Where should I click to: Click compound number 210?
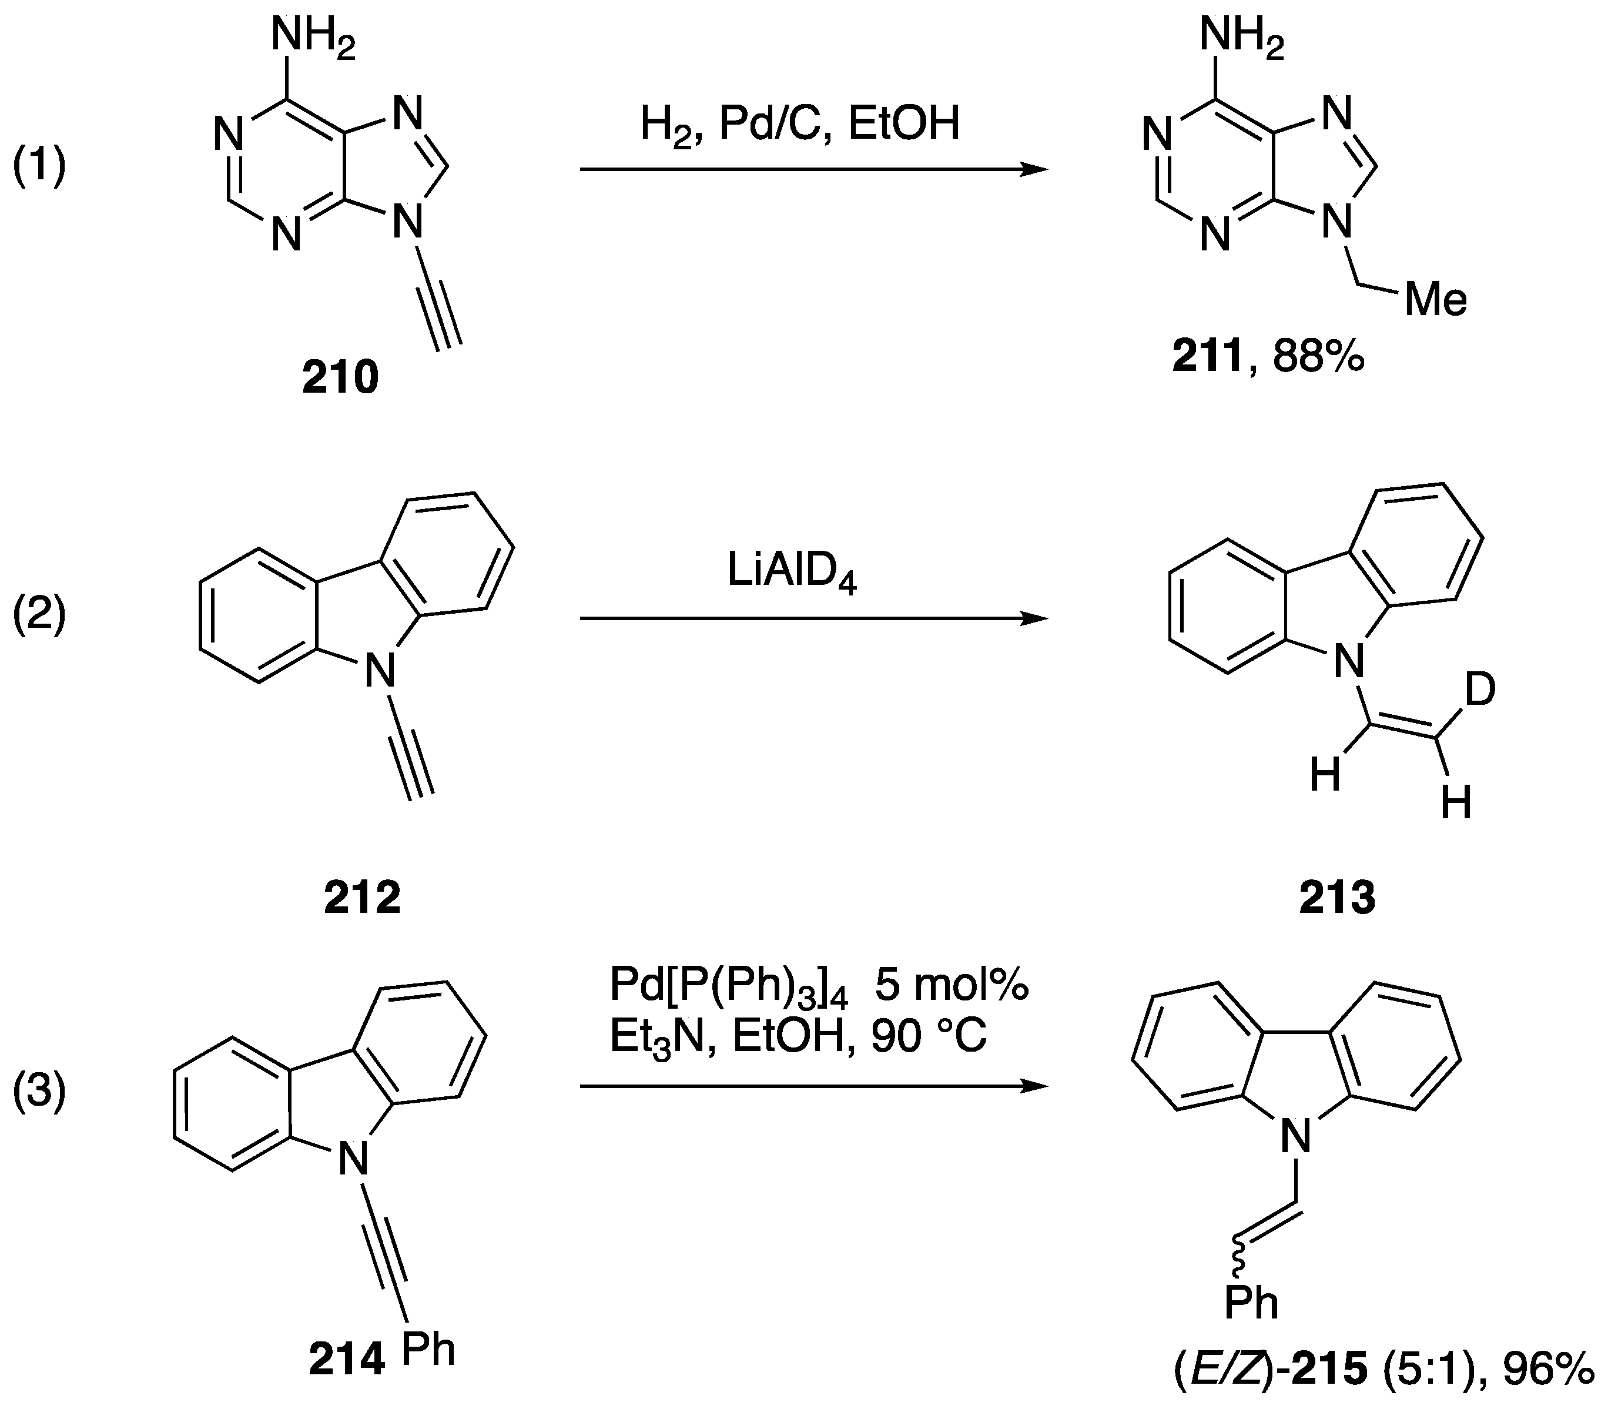(x=340, y=378)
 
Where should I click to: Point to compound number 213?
(x=1336, y=897)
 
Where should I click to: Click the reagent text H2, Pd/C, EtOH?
(x=799, y=124)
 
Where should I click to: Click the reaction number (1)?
(x=39, y=168)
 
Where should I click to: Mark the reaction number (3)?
(x=39, y=1093)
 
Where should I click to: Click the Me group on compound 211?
(x=1436, y=300)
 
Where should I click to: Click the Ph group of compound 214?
(x=428, y=1349)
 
